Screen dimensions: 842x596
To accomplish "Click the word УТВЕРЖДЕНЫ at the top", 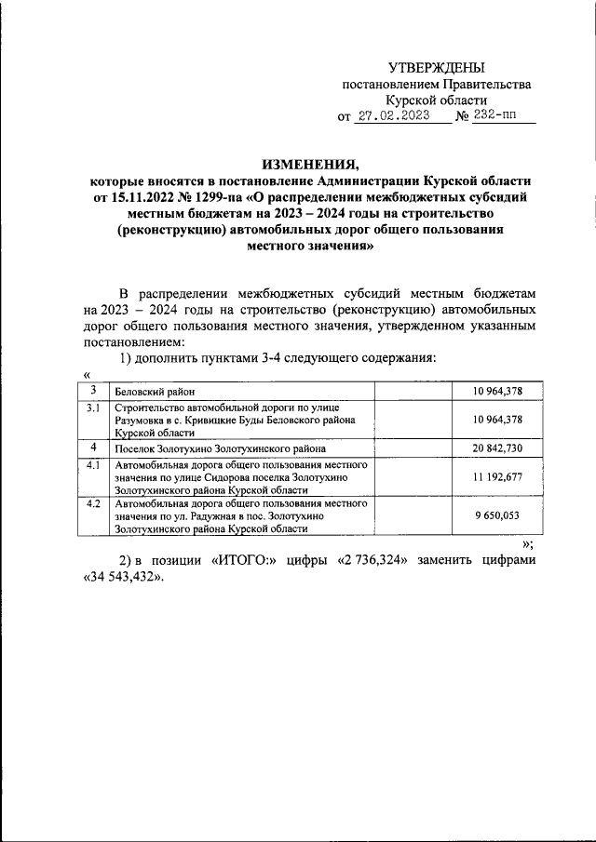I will [x=437, y=68].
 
